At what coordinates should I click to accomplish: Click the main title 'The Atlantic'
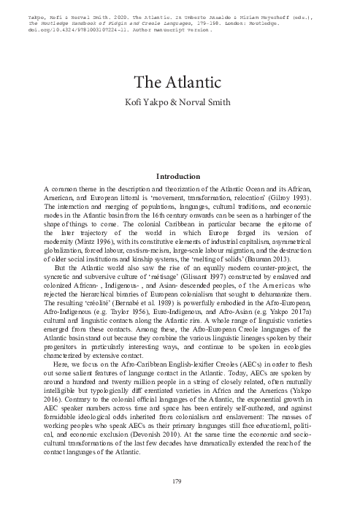pyautogui.click(x=180, y=83)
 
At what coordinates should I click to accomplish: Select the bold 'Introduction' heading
pyautogui.click(x=179, y=176)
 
